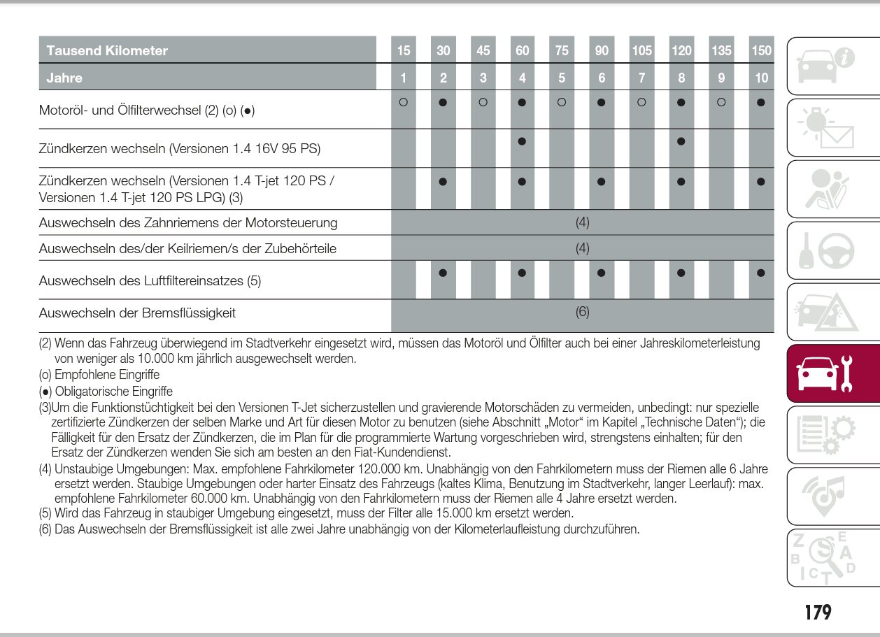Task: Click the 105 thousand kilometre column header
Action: click(641, 50)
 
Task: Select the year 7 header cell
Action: click(641, 78)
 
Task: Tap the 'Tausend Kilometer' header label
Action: click(107, 50)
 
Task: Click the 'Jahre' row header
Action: click(64, 78)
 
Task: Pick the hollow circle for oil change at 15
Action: click(403, 102)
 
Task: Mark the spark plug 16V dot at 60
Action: click(522, 141)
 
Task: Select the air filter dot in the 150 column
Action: click(761, 273)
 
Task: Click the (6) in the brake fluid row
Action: click(583, 312)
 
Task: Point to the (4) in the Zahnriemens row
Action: click(583, 222)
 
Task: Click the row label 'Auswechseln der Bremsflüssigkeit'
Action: click(137, 313)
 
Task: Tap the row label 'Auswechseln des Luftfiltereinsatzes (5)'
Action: click(150, 280)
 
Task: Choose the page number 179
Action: click(818, 613)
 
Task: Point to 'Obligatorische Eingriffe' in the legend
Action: click(113, 392)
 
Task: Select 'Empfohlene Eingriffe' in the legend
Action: click(107, 375)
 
